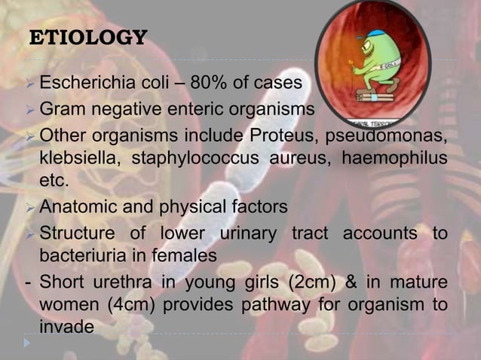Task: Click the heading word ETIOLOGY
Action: [x=87, y=37]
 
